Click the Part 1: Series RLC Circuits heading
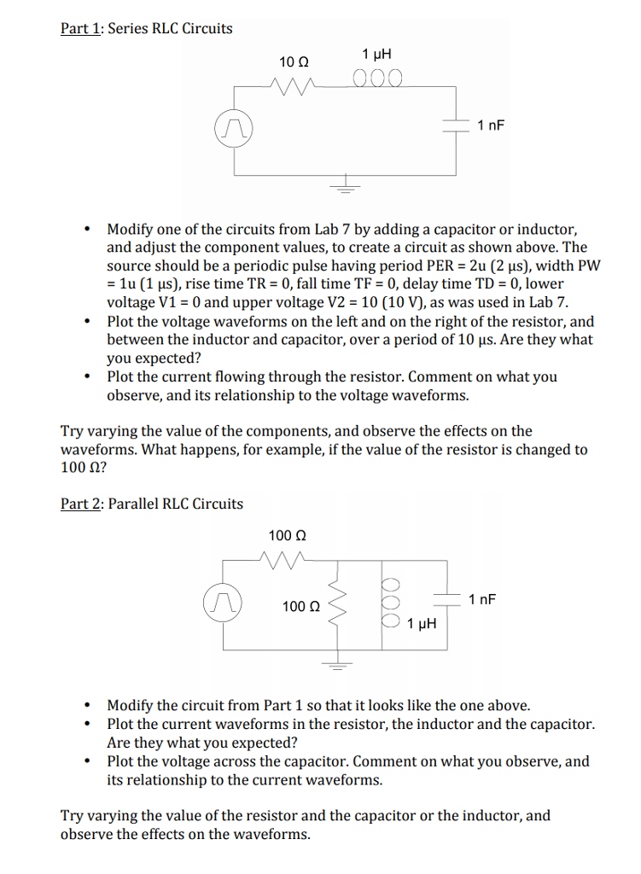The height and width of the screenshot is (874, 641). [x=146, y=28]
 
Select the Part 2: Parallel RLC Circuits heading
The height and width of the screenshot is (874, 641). [x=151, y=504]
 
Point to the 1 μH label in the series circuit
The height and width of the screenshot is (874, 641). [x=376, y=54]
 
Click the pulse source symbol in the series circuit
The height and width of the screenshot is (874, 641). [x=232, y=129]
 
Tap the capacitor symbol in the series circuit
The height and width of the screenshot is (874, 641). [x=453, y=125]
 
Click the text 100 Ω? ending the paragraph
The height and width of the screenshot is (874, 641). [x=83, y=468]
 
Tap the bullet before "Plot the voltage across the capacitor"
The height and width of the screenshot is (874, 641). [x=88, y=761]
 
